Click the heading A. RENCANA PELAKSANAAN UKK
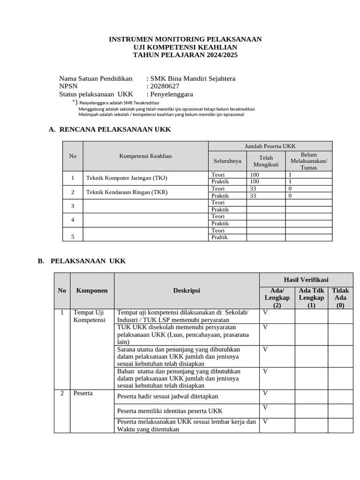point(110,129)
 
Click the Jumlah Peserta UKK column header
point(270,146)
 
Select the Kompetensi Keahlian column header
point(145,156)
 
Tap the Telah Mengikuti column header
point(266,161)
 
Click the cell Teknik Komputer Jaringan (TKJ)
point(127,178)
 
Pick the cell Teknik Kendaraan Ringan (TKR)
point(127,192)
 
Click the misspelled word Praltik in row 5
point(219,237)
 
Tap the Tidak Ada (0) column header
point(340,298)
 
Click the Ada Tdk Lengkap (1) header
point(311,298)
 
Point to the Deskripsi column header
point(186,291)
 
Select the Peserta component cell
point(83,393)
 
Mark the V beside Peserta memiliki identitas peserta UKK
point(265,408)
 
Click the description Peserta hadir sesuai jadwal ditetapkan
point(167,397)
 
